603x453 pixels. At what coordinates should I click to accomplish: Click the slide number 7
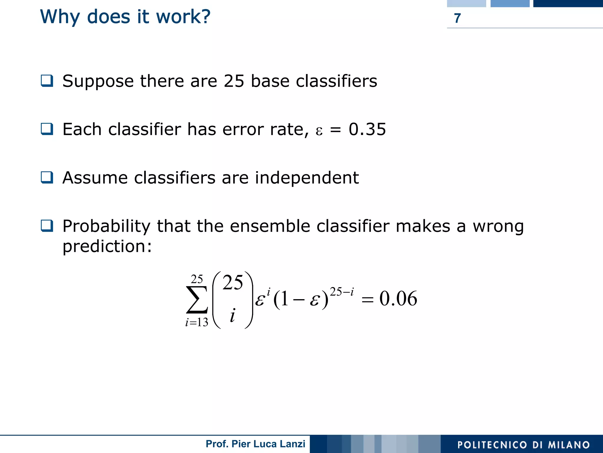457,18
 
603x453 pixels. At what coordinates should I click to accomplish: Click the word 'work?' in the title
183,17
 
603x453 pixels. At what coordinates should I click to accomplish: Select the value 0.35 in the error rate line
367,129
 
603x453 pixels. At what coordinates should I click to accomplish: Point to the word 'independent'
307,178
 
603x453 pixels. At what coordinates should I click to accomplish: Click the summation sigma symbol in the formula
197,300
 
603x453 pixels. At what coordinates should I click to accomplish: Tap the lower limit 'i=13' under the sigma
197,322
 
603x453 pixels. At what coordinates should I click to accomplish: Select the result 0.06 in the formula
398,299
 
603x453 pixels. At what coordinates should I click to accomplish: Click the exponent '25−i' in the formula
342,292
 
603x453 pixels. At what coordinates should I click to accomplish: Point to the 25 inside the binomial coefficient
233,283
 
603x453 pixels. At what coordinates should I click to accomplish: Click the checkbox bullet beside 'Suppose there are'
47,81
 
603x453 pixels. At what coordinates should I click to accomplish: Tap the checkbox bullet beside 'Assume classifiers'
47,177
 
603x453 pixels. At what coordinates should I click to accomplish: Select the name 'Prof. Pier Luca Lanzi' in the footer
255,444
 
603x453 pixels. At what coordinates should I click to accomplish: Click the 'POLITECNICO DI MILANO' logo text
524,445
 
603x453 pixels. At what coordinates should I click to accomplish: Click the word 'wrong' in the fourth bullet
498,227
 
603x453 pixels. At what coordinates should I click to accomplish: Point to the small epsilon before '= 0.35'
319,131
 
